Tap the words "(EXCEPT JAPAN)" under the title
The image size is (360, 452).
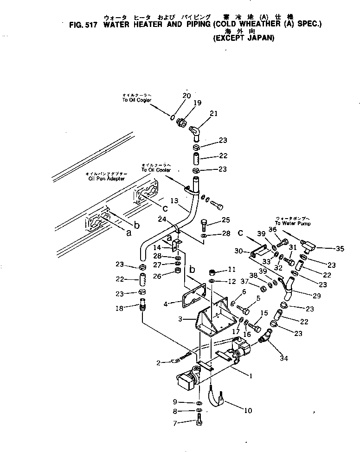pos(244,39)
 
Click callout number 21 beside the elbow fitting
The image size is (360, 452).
pos(213,114)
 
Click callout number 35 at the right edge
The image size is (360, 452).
pos(340,249)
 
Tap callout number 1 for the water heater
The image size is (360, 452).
pos(251,376)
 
